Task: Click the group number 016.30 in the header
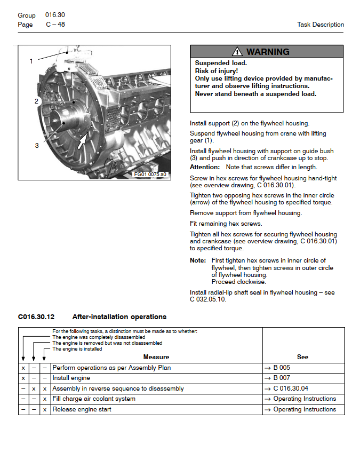(x=55, y=15)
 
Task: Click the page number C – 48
(x=55, y=25)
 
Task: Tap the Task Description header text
(x=320, y=25)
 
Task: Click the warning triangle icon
(x=237, y=52)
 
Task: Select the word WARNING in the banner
(x=268, y=52)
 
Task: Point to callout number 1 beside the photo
(x=31, y=61)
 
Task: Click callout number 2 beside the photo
(x=36, y=101)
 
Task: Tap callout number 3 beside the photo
(x=37, y=145)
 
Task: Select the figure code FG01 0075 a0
(x=150, y=174)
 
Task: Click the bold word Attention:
(x=205, y=167)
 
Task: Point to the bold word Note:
(x=198, y=260)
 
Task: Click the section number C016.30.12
(x=36, y=317)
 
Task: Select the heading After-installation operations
(x=119, y=317)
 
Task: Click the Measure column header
(x=156, y=357)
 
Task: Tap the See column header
(x=302, y=357)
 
